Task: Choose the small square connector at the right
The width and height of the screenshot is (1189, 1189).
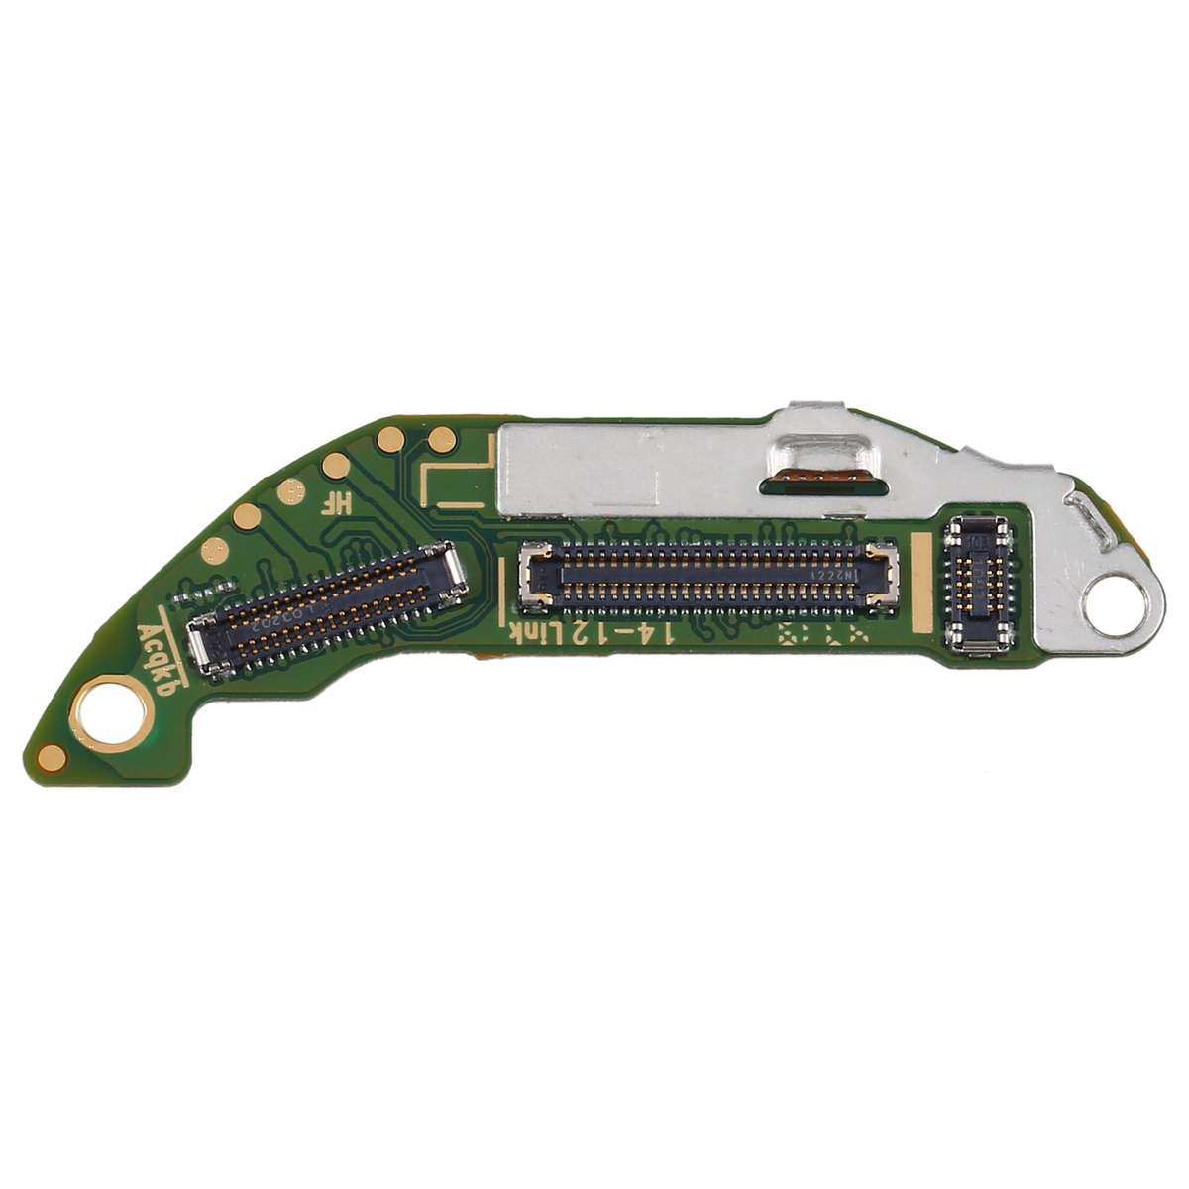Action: click(x=980, y=585)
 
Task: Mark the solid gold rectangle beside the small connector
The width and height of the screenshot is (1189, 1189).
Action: click(x=921, y=581)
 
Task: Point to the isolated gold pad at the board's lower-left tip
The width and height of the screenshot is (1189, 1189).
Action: click(x=56, y=759)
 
